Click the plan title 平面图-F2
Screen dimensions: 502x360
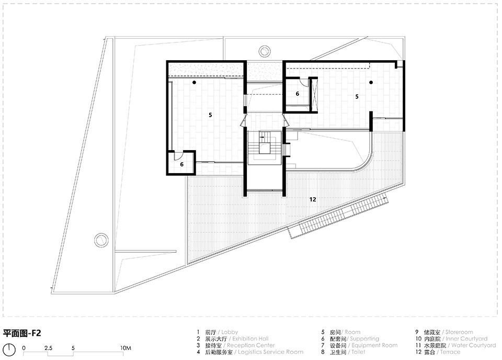22,333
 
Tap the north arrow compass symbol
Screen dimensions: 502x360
9,349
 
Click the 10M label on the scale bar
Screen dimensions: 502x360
126,348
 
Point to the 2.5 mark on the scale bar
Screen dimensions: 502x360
48,348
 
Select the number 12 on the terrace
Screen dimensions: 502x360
313,199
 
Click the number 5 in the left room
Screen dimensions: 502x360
210,115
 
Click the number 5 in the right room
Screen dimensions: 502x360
357,96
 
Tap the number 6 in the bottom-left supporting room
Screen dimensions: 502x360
181,164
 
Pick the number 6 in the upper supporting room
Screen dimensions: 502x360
298,94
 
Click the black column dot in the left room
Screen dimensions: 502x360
194,82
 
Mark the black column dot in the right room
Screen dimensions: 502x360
371,82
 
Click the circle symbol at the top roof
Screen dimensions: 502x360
265,51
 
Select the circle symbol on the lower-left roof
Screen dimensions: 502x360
101,240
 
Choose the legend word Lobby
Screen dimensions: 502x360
230,332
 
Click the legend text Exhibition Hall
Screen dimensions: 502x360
250,339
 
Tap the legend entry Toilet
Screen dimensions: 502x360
358,352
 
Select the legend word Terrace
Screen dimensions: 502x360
450,352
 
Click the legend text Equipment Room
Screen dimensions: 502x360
374,345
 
